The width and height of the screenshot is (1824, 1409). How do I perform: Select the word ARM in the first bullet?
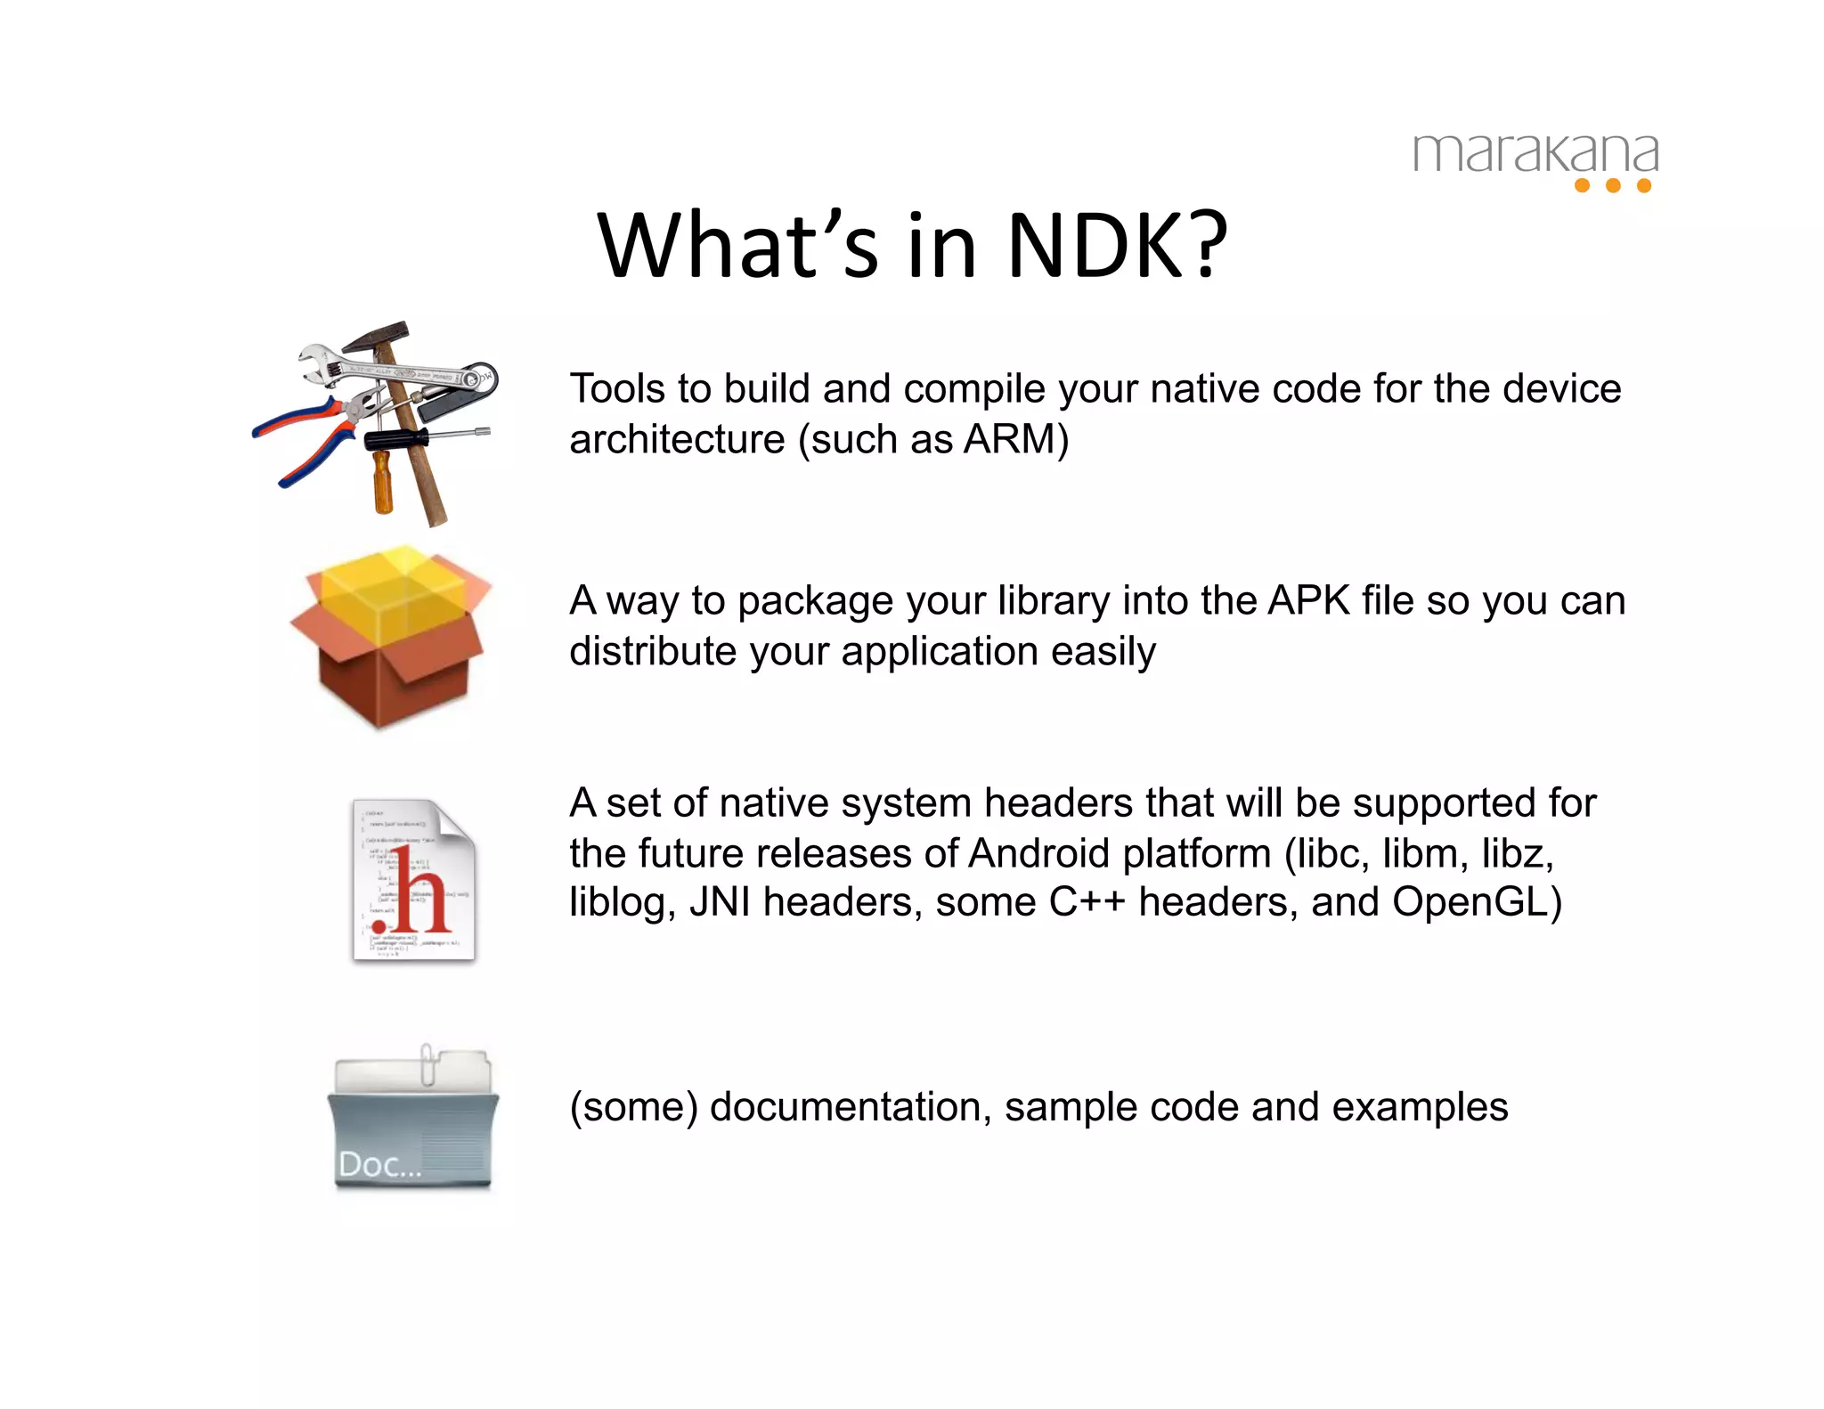[x=1010, y=439]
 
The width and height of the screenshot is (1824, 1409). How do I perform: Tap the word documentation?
[x=850, y=1107]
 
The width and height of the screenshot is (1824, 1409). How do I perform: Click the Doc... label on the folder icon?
[x=379, y=1164]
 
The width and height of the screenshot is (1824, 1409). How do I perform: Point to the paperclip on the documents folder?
[x=427, y=1063]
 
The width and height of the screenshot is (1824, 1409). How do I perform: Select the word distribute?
[x=653, y=651]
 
